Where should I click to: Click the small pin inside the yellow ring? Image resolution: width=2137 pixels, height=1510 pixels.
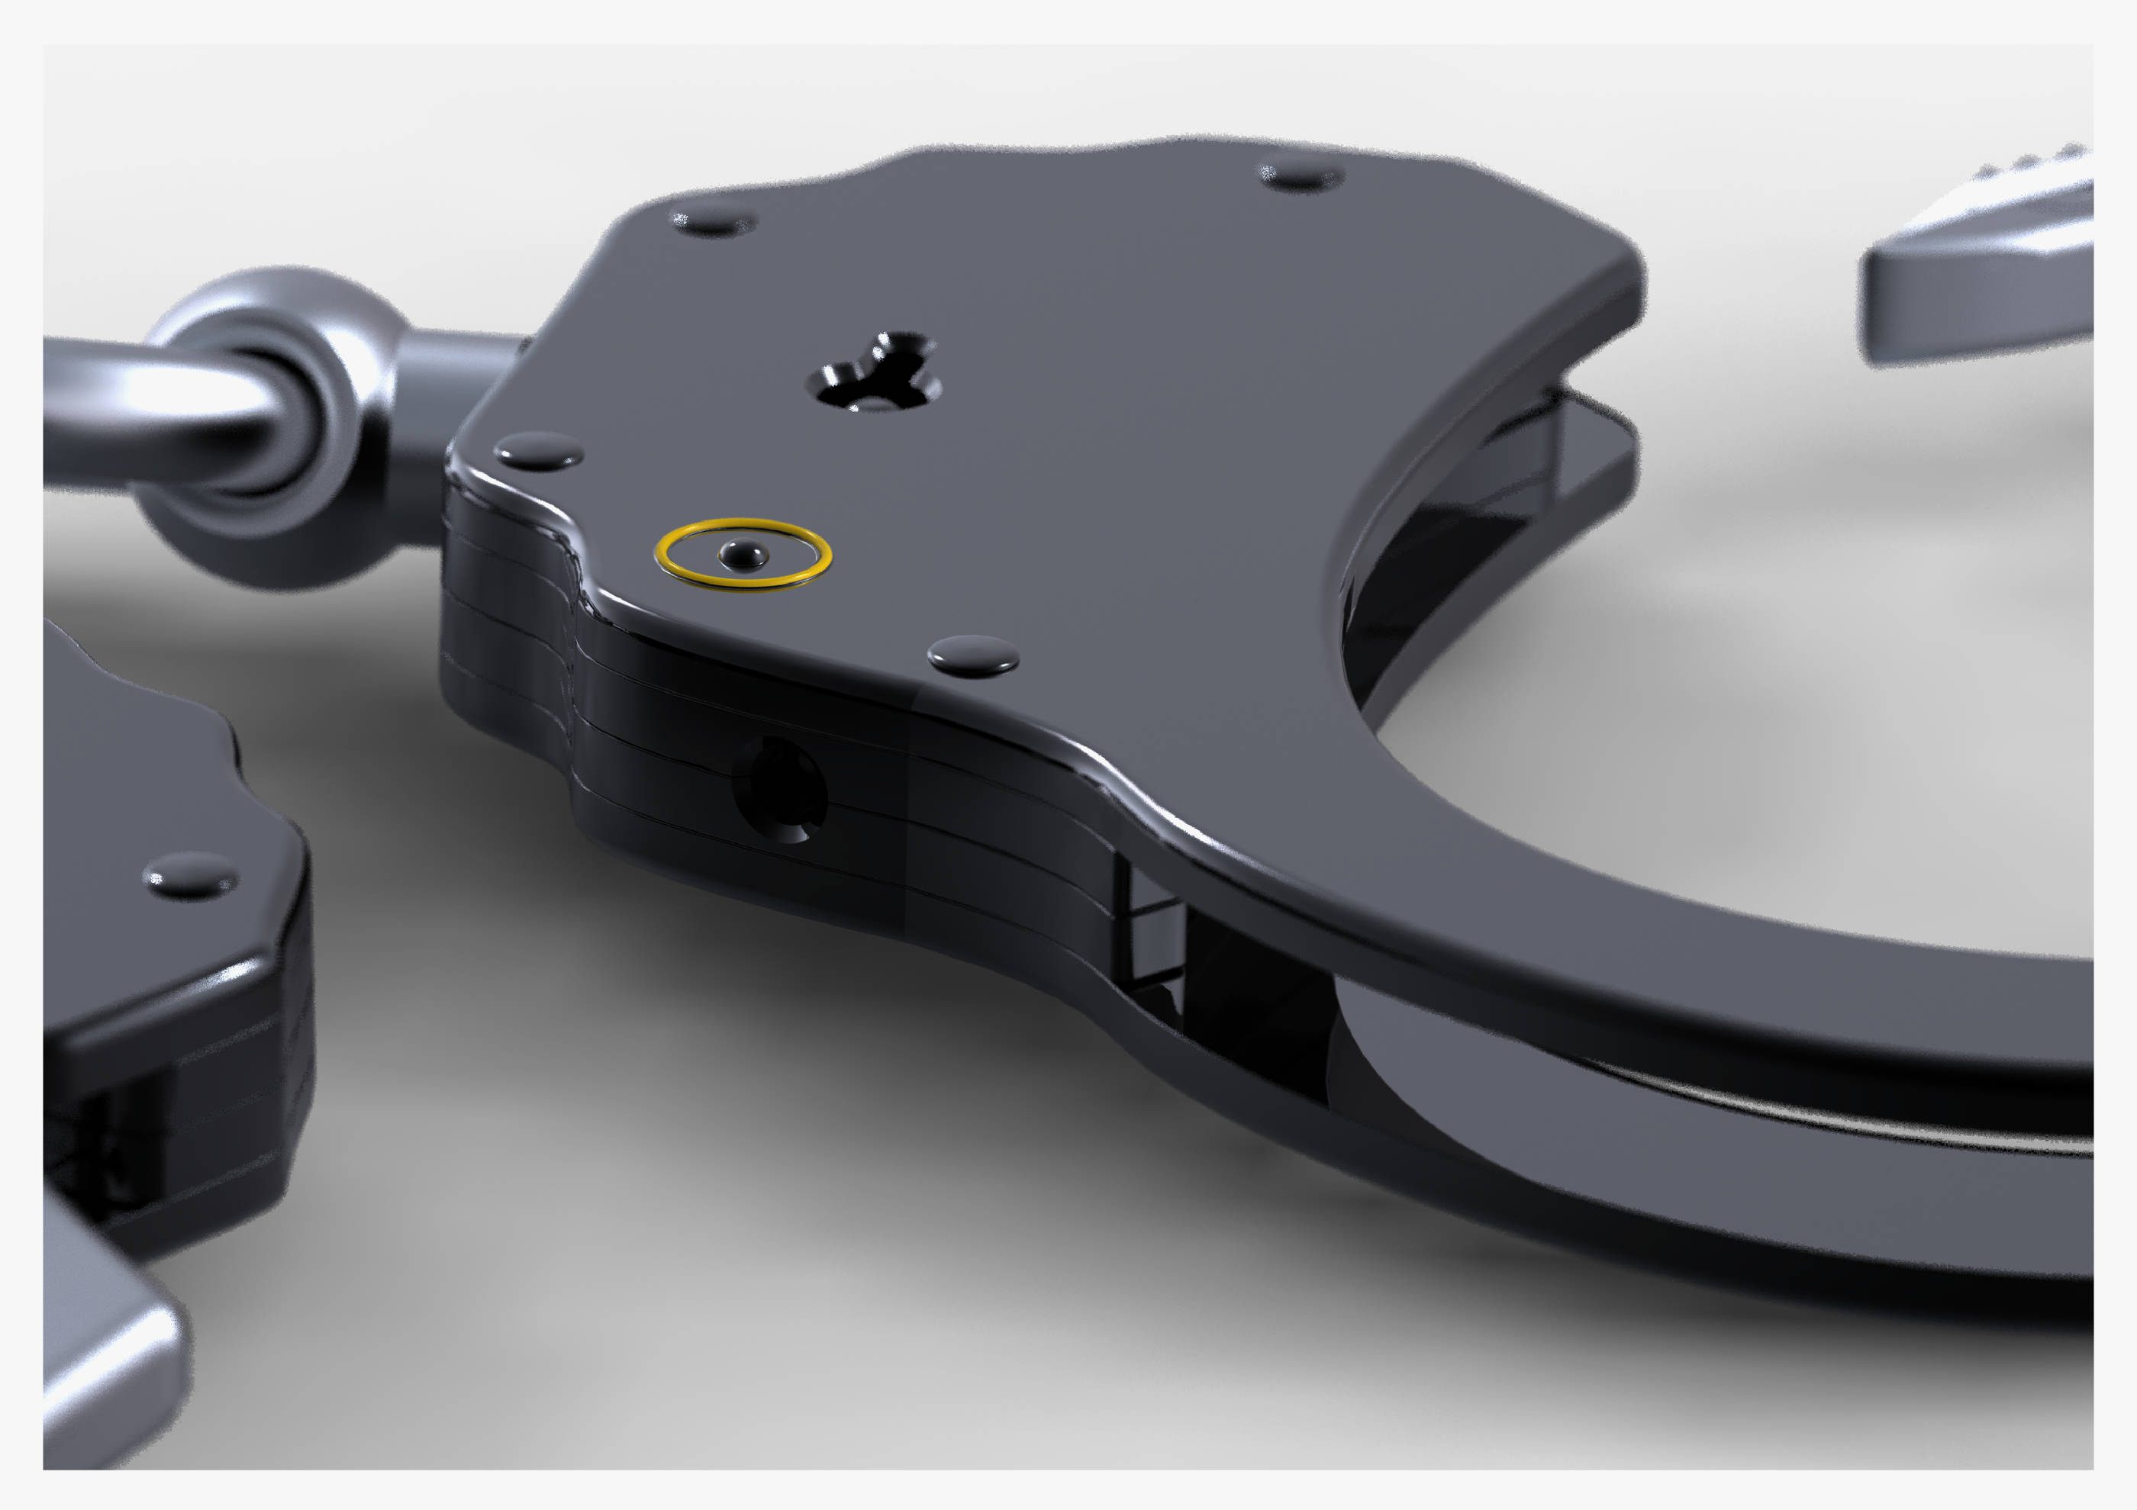743,555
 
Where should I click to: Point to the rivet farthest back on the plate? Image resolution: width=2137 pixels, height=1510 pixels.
1301,174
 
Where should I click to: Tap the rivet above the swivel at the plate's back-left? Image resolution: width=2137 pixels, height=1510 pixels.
713,221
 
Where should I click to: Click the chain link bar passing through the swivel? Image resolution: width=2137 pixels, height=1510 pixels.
140,410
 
